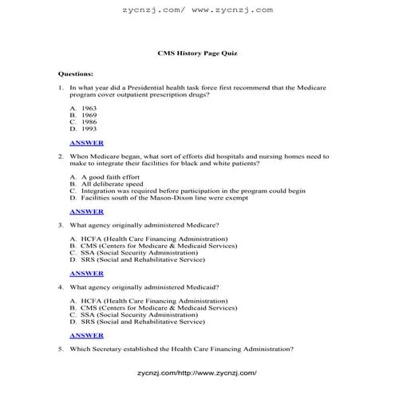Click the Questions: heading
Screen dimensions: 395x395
76,73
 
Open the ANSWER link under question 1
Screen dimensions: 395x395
86,143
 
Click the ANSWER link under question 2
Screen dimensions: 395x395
86,211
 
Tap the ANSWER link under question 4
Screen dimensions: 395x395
86,335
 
